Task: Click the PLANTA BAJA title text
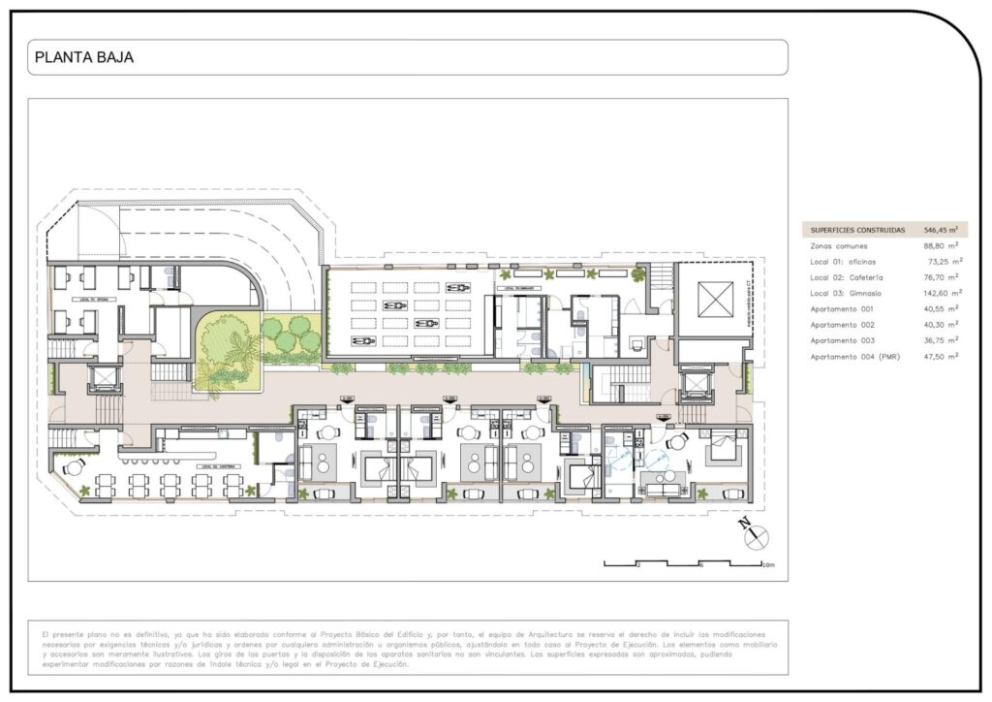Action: point(83,57)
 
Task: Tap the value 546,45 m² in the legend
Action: point(940,231)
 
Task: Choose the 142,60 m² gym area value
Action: point(941,293)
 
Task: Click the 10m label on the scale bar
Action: point(768,565)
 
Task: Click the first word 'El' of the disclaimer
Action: point(46,634)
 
